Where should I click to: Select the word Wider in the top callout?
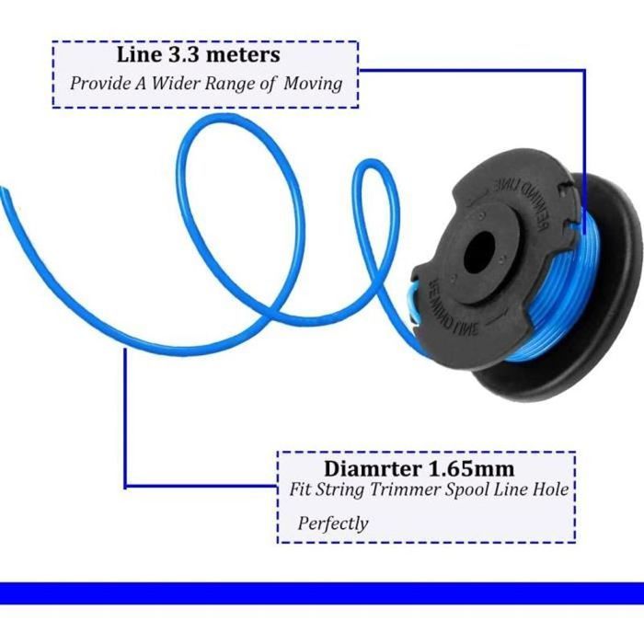click(184, 83)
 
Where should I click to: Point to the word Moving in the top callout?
click(313, 83)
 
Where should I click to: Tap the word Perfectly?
click(333, 523)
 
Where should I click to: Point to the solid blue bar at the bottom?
click(322, 592)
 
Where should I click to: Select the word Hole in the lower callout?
click(555, 491)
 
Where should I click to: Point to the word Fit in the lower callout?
click(297, 491)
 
